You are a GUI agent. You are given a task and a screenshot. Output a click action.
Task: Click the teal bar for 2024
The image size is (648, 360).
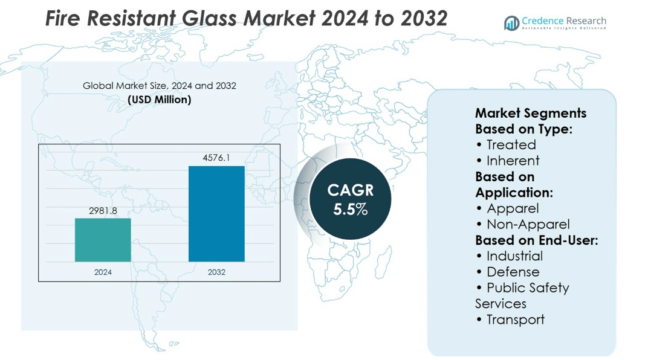[103, 240]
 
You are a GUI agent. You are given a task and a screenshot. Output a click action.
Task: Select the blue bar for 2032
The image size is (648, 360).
[216, 214]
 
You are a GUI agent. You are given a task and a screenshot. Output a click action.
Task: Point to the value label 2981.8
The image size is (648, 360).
[103, 211]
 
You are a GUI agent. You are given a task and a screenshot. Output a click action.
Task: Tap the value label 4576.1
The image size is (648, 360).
[216, 158]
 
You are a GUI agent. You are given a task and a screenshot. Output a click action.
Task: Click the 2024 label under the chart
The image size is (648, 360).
[103, 272]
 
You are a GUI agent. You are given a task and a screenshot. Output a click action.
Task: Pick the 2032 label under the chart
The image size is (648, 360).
[216, 272]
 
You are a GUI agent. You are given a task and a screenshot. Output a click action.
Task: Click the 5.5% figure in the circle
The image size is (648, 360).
[351, 210]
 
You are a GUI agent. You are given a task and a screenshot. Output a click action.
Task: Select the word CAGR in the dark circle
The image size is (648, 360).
[351, 190]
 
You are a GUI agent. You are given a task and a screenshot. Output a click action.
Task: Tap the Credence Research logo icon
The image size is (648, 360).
[511, 24]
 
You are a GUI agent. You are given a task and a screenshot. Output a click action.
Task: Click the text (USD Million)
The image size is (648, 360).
[160, 100]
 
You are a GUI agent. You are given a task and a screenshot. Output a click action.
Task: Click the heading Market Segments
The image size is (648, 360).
[531, 113]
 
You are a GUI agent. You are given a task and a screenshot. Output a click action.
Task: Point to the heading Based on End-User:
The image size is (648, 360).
[536, 240]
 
